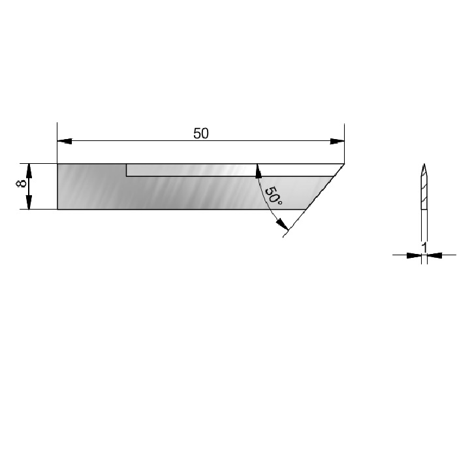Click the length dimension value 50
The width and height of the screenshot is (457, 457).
click(x=201, y=133)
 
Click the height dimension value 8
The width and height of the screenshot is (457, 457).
click(x=22, y=183)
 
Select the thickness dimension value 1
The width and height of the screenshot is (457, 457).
click(x=424, y=247)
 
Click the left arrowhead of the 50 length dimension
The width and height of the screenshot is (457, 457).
click(x=65, y=141)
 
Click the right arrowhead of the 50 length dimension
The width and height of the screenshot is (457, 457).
click(x=337, y=142)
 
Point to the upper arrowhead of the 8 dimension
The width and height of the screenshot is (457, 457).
click(x=29, y=171)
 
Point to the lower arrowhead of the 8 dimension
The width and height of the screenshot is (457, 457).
click(x=29, y=202)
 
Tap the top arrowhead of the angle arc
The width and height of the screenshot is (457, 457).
click(x=258, y=171)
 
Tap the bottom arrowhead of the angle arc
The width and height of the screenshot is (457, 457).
click(x=282, y=224)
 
